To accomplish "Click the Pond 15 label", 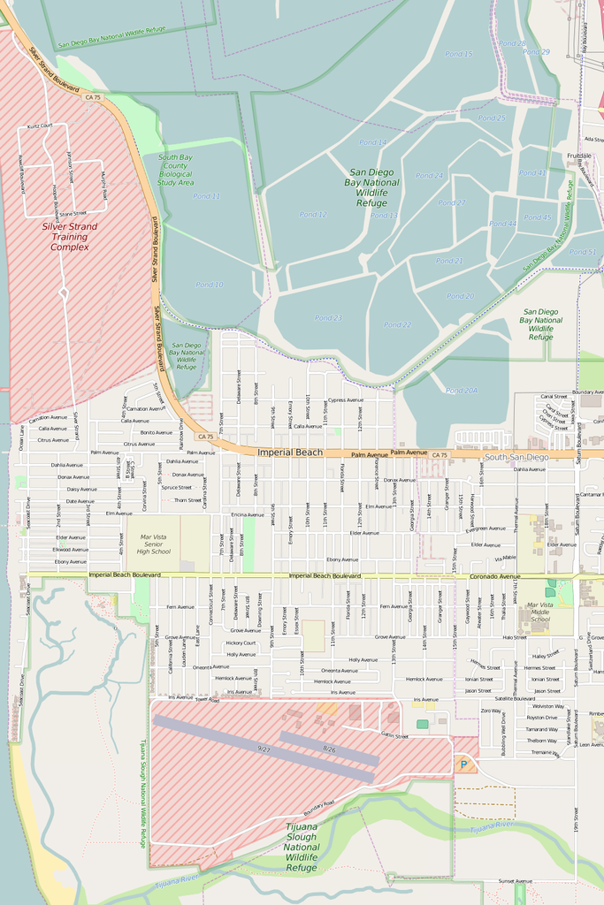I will tap(458, 54).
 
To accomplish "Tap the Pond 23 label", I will tap(328, 317).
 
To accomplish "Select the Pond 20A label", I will tap(462, 391).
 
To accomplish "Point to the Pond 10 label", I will tap(210, 285).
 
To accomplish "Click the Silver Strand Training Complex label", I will tap(70, 237).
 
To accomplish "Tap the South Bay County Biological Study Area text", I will tap(175, 170).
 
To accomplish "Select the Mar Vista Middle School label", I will tap(539, 612).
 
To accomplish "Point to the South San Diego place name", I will tap(516, 457).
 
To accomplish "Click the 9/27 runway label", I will tap(264, 749).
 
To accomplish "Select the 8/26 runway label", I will tap(329, 749).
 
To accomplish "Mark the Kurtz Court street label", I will tap(40, 125).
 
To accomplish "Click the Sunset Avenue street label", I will tap(515, 880).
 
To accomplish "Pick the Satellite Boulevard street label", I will tap(515, 698).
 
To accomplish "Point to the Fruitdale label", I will tap(579, 156).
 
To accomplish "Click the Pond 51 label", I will tap(583, 252).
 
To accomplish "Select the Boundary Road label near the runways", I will tap(319, 809).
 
